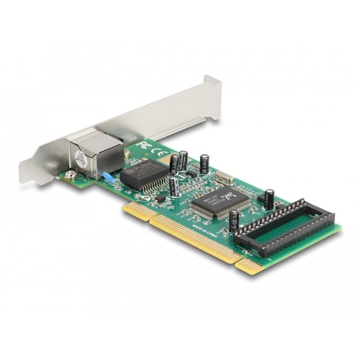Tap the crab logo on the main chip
tap(227, 196)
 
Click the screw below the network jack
tap(70, 174)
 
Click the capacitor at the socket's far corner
tap(269, 197)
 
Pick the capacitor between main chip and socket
tap(234, 220)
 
